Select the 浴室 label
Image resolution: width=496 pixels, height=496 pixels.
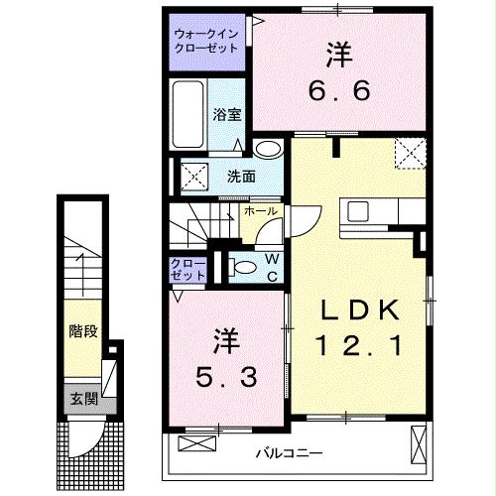[227, 114]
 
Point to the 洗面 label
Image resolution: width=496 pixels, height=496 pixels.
[241, 177]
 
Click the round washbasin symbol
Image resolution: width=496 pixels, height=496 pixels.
[265, 150]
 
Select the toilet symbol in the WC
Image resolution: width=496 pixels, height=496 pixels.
[239, 266]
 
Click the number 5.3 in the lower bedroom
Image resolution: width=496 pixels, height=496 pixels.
[226, 378]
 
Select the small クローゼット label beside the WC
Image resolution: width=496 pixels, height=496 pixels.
[187, 268]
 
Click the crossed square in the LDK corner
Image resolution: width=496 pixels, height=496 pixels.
[409, 154]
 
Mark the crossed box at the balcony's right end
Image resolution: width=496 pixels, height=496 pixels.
[417, 437]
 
